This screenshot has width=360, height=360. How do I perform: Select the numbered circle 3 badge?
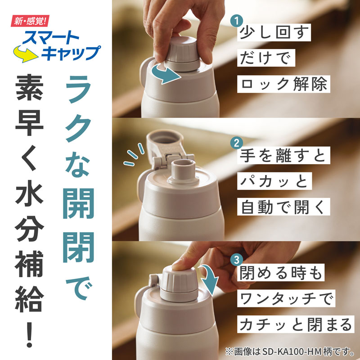point(237,260)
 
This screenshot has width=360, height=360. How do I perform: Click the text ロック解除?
point(284,84)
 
